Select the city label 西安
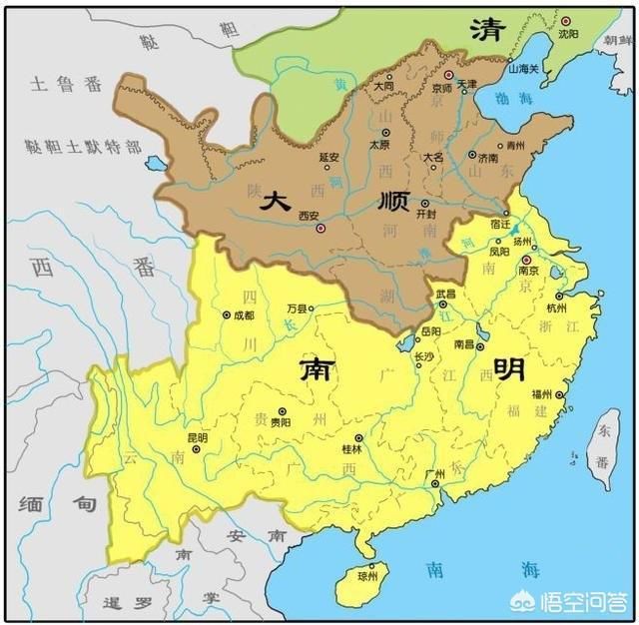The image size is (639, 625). point(310,215)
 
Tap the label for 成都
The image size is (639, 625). point(245,316)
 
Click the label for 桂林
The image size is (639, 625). point(352,451)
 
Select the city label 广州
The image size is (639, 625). point(434,474)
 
